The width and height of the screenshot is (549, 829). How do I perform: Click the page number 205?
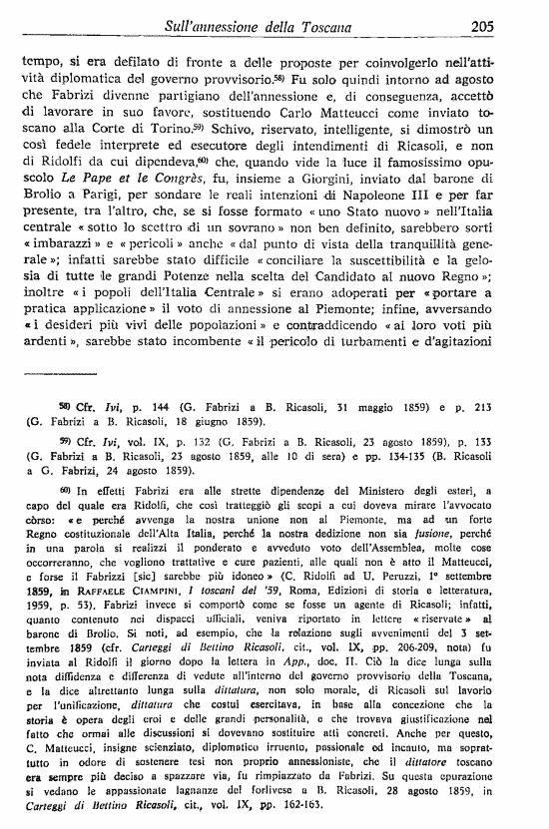point(511,27)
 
